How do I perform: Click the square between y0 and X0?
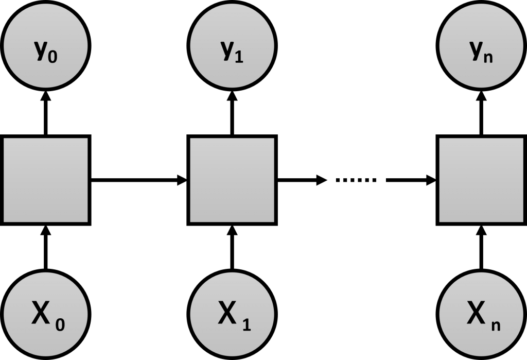[45, 180]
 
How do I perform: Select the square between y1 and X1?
[232, 180]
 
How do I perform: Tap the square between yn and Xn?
[482, 180]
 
